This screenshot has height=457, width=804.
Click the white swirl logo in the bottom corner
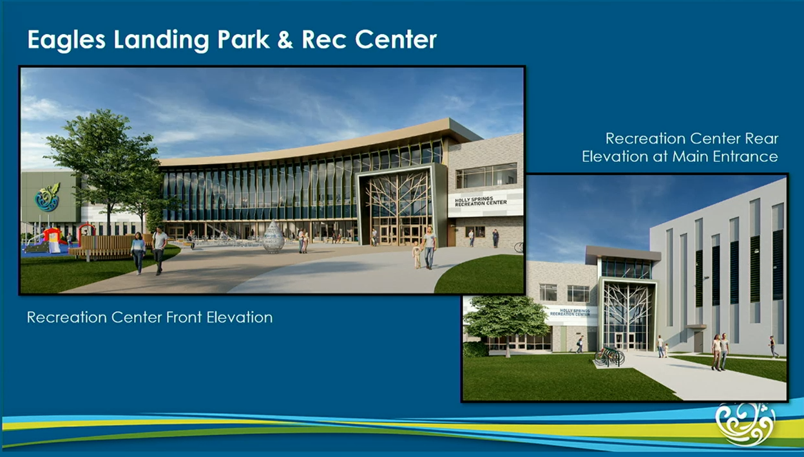(x=746, y=423)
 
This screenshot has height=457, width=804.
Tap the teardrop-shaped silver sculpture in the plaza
(x=273, y=237)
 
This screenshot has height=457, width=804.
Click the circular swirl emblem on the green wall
(x=47, y=198)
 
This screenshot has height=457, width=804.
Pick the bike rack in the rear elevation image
(x=609, y=356)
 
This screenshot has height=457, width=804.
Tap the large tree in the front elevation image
(x=103, y=161)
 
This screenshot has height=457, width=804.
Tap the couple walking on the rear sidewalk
(x=720, y=351)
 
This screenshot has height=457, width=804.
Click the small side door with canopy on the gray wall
(x=698, y=339)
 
